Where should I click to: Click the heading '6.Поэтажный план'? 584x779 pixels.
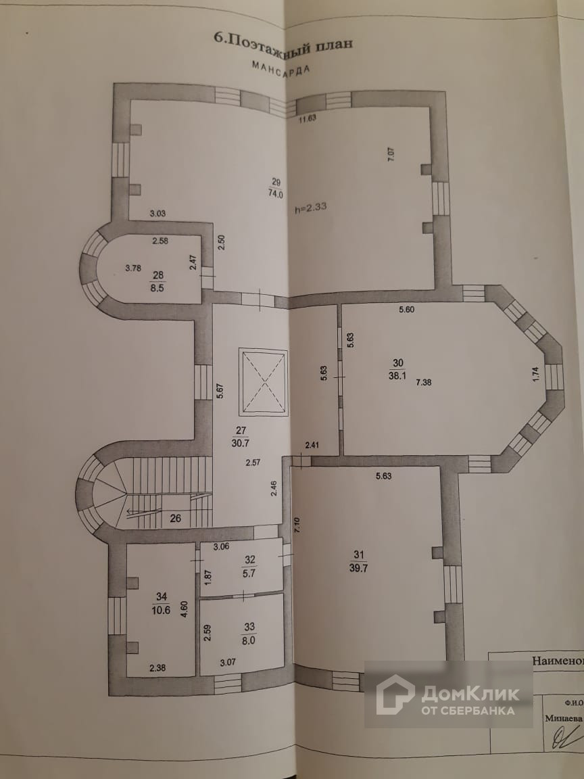click(x=283, y=41)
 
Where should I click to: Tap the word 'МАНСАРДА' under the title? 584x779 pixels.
click(x=281, y=69)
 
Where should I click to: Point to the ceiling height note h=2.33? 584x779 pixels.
click(x=312, y=208)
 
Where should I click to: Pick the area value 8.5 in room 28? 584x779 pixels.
click(x=158, y=285)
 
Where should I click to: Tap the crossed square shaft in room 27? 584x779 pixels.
click(x=264, y=382)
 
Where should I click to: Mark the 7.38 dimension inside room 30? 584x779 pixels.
click(x=424, y=382)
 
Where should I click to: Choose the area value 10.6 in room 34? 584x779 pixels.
click(x=162, y=608)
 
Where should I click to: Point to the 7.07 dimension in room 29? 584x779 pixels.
click(x=390, y=153)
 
